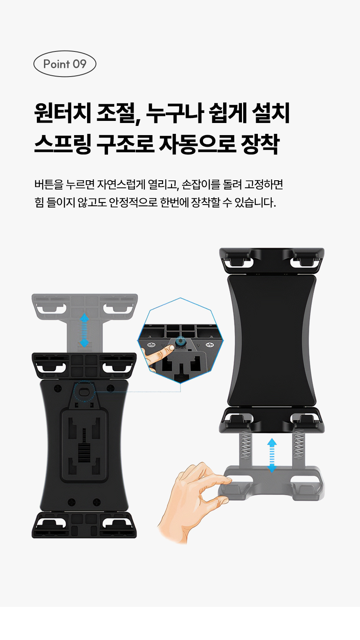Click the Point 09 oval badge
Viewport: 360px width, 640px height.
coord(64,64)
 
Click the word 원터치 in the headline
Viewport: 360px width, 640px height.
coord(63,113)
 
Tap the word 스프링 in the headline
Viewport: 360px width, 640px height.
coord(63,144)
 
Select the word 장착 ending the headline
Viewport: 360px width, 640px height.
coord(260,144)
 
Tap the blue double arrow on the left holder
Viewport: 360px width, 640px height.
coord(84,330)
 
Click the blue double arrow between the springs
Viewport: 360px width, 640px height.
coord(272,456)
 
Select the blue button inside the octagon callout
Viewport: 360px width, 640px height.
coord(180,341)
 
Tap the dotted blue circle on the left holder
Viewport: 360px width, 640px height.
coord(84,391)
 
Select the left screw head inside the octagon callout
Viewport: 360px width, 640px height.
coord(151,345)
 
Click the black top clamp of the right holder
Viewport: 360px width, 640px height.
coord(272,260)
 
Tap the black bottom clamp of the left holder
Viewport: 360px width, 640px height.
coord(84,525)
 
